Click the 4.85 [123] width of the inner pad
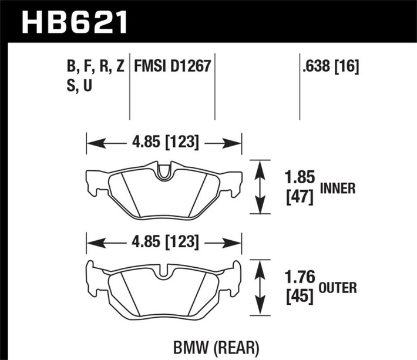[x=164, y=142]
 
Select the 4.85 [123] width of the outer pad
[x=164, y=241]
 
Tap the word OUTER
[x=338, y=288]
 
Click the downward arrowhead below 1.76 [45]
[x=259, y=311]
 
